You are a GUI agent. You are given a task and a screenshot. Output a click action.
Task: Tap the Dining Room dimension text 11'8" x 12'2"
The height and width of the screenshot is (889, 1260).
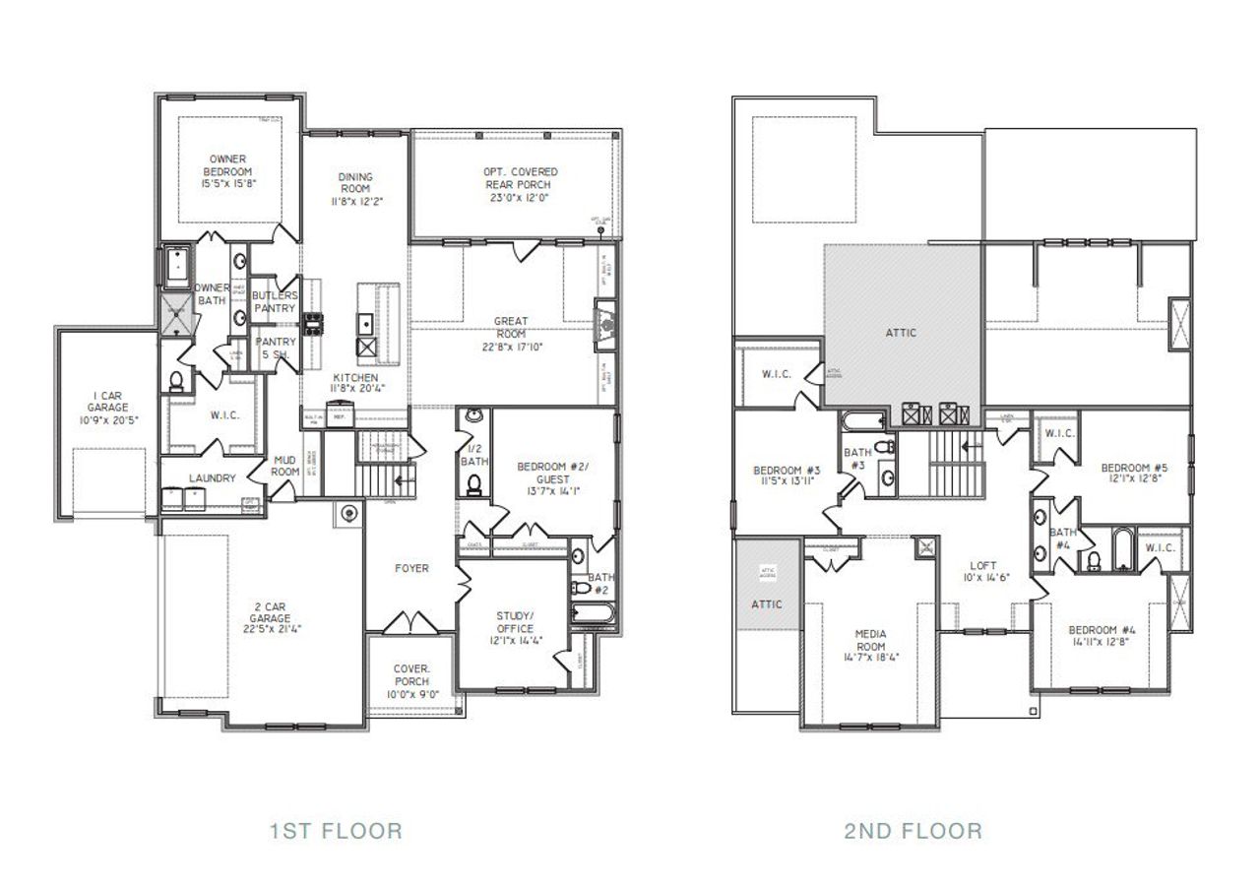355,200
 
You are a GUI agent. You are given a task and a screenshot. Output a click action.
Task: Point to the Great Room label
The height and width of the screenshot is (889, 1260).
511,327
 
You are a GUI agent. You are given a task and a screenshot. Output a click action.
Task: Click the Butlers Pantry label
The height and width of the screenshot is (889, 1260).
274,301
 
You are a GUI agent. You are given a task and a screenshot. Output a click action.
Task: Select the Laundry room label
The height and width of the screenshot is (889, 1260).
213,478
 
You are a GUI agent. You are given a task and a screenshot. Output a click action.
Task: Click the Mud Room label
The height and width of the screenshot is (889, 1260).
285,465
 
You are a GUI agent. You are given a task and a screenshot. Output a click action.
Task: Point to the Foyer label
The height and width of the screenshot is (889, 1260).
410,568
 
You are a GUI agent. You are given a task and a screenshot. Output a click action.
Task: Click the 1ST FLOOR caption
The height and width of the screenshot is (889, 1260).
336,831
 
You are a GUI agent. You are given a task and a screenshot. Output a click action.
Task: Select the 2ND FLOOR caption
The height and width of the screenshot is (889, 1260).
913,831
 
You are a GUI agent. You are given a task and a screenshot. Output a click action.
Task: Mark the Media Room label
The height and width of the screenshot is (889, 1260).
871,640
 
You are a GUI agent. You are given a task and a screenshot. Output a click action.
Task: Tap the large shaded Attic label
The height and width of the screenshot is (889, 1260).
901,332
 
